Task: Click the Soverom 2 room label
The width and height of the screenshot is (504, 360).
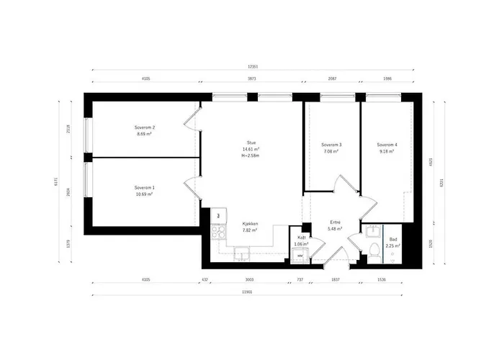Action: (x=145, y=127)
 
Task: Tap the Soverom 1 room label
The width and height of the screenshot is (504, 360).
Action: (x=145, y=187)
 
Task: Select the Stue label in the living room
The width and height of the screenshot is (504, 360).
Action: (x=251, y=143)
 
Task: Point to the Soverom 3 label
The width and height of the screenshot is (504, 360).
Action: (x=331, y=145)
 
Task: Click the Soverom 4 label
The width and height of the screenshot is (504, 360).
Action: (x=387, y=145)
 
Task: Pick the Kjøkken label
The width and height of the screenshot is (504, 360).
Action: (x=250, y=224)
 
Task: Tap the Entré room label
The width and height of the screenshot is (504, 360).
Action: (x=336, y=222)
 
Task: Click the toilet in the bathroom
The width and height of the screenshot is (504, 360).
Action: (x=374, y=248)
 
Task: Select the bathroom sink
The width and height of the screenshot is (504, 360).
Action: (x=372, y=230)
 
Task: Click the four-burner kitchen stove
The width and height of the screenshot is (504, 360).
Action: (x=217, y=231)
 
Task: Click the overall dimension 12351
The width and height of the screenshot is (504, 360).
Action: (x=253, y=66)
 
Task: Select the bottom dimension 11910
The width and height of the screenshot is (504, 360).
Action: (x=247, y=292)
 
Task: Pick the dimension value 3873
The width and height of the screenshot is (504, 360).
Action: (x=252, y=78)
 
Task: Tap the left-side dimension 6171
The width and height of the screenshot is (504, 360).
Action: (x=56, y=182)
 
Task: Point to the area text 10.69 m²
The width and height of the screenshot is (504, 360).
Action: (x=145, y=194)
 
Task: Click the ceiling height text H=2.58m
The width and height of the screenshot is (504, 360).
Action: (x=251, y=155)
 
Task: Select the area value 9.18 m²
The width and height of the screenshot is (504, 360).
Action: (x=387, y=151)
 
